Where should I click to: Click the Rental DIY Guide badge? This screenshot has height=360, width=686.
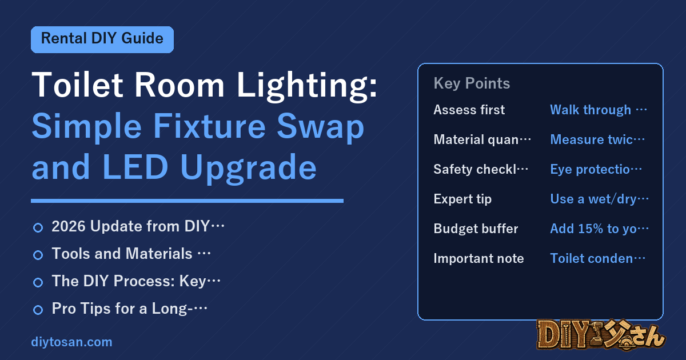click(102, 39)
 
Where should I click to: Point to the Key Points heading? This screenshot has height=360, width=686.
click(472, 83)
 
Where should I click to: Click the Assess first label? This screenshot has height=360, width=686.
click(469, 110)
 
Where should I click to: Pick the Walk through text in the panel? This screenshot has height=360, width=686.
click(591, 110)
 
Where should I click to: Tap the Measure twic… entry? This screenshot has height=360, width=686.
click(597, 139)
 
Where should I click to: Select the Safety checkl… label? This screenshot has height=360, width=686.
click(481, 169)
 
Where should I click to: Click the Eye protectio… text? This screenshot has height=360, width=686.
click(596, 169)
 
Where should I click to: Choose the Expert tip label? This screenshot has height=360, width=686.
click(462, 199)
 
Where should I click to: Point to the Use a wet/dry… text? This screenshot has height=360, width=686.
click(599, 199)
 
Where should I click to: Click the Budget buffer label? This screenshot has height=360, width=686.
click(476, 229)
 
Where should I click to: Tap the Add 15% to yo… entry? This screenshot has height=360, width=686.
click(599, 229)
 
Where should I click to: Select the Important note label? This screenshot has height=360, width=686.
click(478, 258)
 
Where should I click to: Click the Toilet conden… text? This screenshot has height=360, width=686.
click(597, 258)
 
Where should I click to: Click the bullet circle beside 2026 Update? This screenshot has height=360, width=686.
click(38, 227)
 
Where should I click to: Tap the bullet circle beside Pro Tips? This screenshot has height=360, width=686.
click(38, 310)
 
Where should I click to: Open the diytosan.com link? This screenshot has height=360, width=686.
click(71, 342)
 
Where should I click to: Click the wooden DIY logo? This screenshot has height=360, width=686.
click(601, 335)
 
